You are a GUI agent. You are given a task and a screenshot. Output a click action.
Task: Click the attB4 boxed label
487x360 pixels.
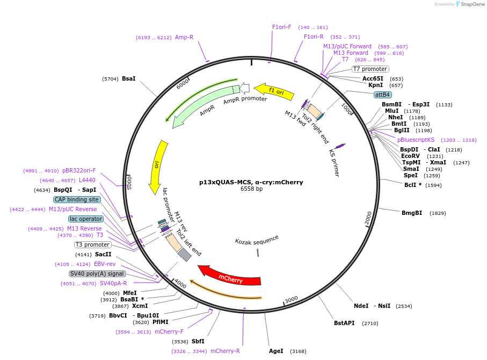[383, 95]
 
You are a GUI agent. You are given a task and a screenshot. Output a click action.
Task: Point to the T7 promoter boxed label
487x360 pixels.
[370, 69]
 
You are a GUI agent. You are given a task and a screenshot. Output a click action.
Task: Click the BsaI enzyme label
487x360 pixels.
[129, 79]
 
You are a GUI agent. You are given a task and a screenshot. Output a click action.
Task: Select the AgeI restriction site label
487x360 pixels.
[276, 351]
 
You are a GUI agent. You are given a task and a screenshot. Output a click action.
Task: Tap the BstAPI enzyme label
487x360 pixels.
[344, 323]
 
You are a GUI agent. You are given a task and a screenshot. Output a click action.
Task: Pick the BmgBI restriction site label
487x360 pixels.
[412, 213]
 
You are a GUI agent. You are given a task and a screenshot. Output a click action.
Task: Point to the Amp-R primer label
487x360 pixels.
[184, 37]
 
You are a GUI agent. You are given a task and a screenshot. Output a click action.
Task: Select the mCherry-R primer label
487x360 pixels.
[225, 351]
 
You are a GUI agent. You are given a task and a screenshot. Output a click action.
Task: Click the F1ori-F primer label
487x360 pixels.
[281, 27]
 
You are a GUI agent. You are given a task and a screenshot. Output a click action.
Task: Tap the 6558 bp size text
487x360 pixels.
[251, 189]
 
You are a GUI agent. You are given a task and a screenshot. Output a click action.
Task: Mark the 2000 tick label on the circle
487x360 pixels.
[368, 218]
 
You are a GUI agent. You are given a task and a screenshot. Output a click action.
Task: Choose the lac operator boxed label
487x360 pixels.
[85, 219]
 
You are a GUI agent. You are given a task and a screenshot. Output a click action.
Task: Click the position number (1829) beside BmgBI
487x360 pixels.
[438, 213]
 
